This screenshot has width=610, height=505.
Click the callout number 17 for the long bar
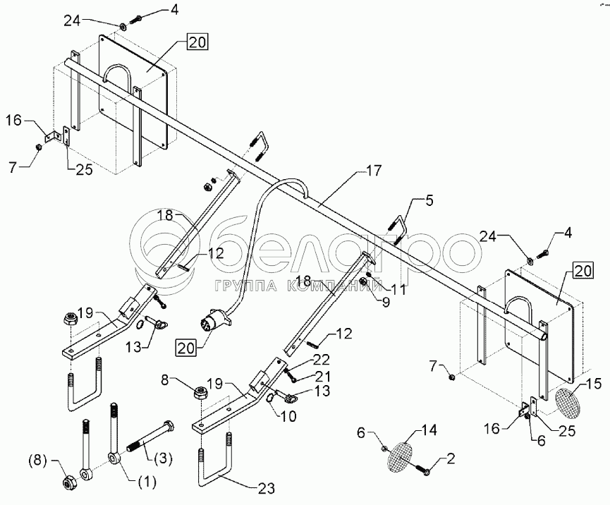coord(374,171)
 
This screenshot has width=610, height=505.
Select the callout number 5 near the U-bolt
coord(428,201)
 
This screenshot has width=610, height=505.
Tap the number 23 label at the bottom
coord(266,488)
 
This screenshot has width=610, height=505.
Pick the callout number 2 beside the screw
coord(451,459)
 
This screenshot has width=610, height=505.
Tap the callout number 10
coord(288,417)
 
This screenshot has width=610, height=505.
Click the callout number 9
coord(385,303)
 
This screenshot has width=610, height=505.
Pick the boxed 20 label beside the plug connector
coord(186,348)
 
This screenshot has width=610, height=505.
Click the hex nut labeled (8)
coord(70,482)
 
